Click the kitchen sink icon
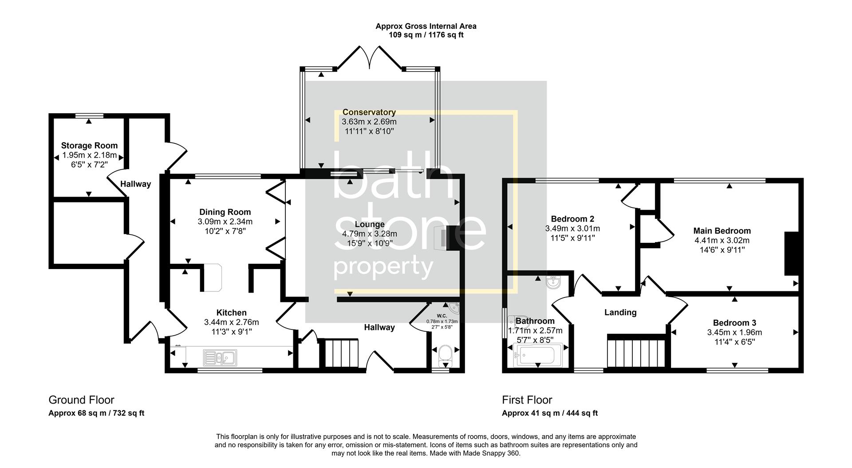point(220,357)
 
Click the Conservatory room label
point(369,112)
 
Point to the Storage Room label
point(89,146)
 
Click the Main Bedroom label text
point(722,231)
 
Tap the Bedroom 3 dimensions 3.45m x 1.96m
point(734,333)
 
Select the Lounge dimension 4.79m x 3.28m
point(369,234)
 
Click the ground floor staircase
point(341,353)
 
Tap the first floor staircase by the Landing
point(636,353)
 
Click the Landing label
point(620,313)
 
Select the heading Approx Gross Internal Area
point(426,26)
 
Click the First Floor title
point(527,400)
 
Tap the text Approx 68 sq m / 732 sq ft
point(96,413)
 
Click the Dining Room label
point(225,212)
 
